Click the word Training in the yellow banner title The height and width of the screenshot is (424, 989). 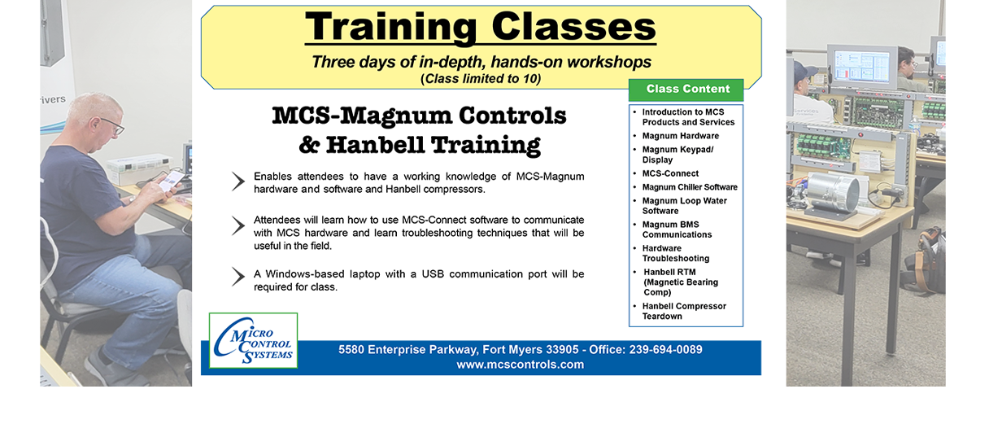390,28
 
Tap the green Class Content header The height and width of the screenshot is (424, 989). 686,90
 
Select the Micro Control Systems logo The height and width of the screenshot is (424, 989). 254,340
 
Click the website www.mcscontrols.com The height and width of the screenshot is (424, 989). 520,365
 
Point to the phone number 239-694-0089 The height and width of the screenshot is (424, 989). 665,350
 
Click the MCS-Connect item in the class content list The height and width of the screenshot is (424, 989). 670,173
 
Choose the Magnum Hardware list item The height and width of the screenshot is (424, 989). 681,136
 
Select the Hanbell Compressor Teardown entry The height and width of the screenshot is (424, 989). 684,311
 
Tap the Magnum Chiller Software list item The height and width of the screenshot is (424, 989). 690,187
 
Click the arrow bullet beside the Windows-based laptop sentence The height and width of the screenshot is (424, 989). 238,277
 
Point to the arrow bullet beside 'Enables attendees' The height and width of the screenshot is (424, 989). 238,181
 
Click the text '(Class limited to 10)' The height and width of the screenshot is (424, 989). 481,79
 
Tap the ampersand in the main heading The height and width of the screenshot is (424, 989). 309,145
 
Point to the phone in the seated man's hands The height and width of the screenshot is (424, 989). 172,181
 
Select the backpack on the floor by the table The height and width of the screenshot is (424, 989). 925,260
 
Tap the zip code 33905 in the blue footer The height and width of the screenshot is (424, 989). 562,350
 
